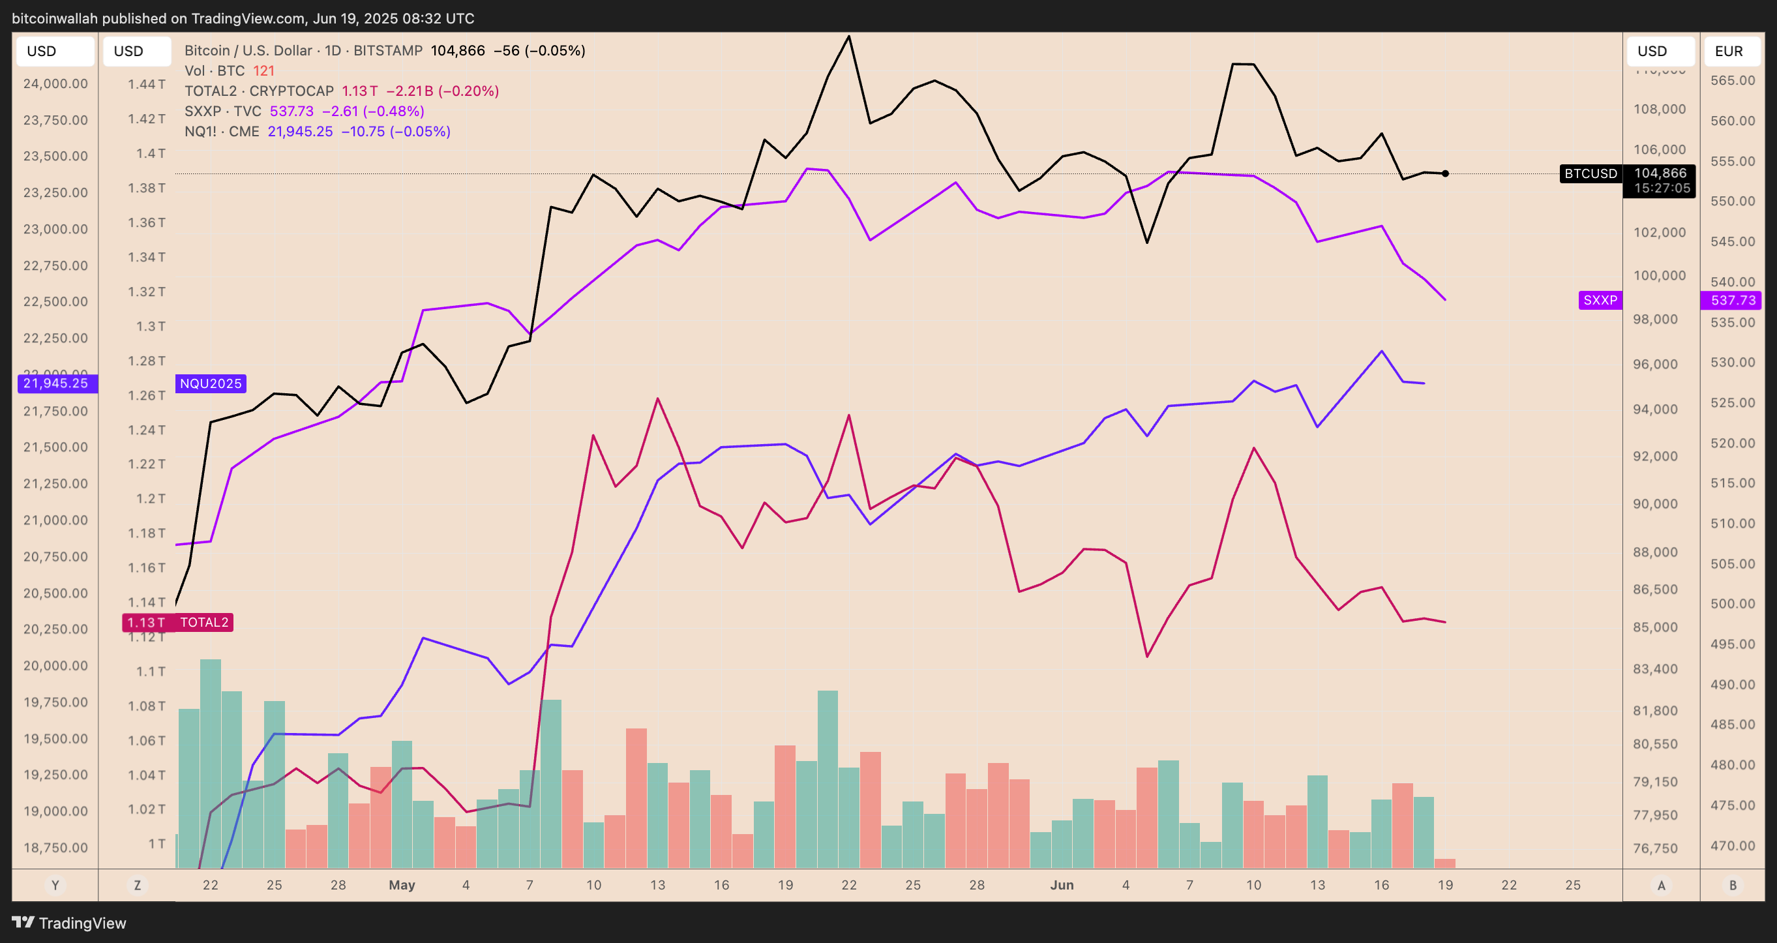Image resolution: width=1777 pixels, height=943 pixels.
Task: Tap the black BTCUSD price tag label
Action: pos(1590,174)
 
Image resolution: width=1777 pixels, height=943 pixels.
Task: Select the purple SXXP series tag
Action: pos(1600,300)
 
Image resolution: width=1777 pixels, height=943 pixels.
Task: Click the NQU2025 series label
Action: pos(211,383)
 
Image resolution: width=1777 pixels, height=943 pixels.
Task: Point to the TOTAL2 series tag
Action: pos(203,622)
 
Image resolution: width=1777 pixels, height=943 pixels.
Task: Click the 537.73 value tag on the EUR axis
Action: pos(1732,300)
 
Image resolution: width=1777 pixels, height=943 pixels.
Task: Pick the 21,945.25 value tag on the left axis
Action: pos(56,383)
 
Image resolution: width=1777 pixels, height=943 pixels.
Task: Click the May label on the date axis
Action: pos(402,885)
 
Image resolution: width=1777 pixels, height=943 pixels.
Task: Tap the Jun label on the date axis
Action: pos(1062,885)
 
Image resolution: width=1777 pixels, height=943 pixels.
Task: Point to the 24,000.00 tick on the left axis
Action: pos(56,83)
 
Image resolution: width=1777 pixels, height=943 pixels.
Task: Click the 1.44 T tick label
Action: pos(146,84)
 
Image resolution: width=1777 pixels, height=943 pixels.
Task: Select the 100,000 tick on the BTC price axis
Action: pos(1659,275)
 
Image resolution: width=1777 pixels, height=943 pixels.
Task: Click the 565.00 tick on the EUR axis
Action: pos(1732,80)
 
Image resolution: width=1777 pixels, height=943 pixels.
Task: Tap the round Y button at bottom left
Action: pos(55,885)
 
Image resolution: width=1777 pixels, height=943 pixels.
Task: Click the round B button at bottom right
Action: pos(1732,885)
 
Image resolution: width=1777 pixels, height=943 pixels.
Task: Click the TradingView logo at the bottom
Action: pos(69,922)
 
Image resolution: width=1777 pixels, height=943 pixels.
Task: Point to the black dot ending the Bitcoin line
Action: pos(1445,174)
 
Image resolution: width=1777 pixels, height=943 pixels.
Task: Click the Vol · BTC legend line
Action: pos(229,71)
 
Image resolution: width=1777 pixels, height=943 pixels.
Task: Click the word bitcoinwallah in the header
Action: pos(55,19)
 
